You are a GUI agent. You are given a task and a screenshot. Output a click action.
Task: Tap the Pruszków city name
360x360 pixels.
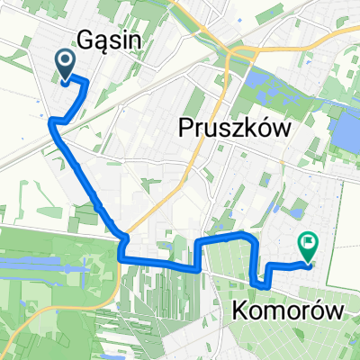coord(239,130)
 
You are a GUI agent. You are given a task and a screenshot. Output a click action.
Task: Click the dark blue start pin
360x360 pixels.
coord(67,63)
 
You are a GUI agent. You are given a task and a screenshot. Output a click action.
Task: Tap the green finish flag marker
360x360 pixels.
coord(307,243)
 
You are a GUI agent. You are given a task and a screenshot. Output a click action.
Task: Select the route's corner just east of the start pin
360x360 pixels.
coord(85,82)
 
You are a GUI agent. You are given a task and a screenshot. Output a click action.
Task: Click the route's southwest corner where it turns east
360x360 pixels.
coord(121,259)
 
